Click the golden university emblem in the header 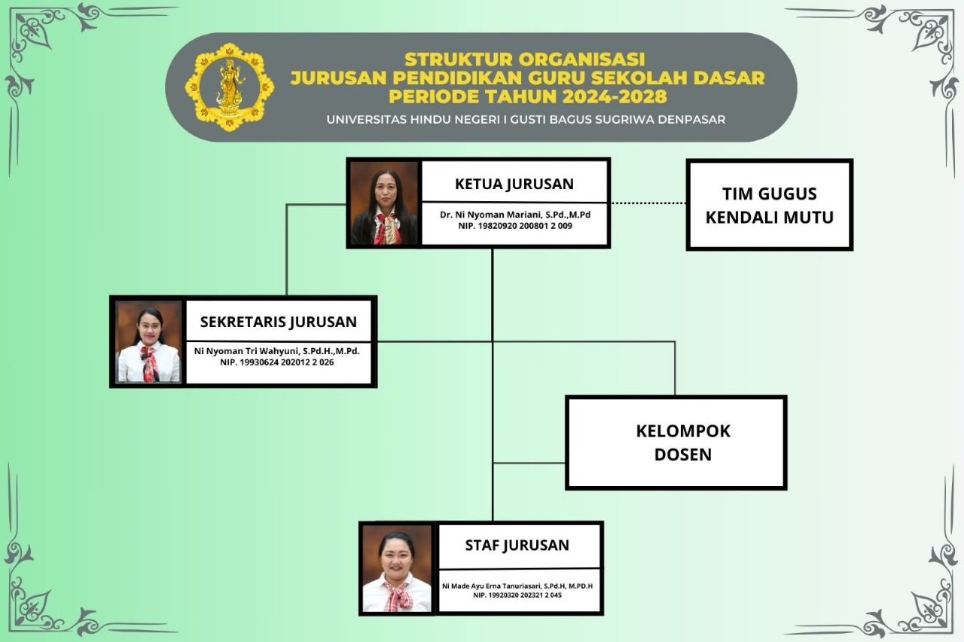tap(230, 87)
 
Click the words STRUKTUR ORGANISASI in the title tap(525, 59)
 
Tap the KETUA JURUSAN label tap(514, 184)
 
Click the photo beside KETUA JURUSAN tap(384, 203)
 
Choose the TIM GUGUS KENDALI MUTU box tap(770, 205)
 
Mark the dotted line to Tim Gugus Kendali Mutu tap(648, 203)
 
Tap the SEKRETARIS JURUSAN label tap(279, 322)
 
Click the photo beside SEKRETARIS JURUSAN tap(148, 341)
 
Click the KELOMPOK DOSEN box tap(676, 442)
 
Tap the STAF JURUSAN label tap(517, 545)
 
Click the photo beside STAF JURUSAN tap(397, 568)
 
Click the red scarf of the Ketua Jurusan tap(386, 228)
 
